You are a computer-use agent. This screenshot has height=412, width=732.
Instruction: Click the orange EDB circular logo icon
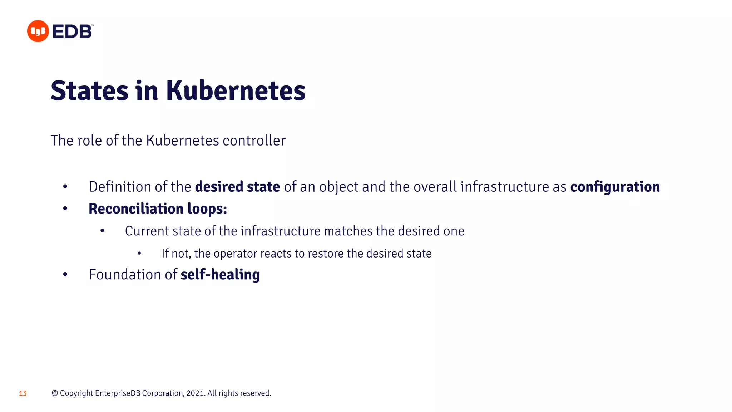tap(38, 31)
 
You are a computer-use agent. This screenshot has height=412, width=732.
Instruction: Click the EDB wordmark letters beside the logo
tap(73, 31)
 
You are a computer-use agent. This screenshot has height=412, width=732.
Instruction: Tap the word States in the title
tap(89, 91)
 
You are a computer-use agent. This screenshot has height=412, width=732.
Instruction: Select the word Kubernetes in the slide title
tap(236, 91)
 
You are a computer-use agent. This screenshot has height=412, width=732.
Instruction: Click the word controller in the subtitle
tap(254, 141)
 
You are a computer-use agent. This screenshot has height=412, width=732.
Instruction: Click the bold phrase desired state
tap(237, 187)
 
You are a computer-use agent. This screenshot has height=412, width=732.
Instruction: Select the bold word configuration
tap(615, 187)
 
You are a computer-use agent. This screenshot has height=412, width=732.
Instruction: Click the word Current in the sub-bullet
tap(147, 231)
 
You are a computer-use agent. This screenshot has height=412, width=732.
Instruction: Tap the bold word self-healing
tap(220, 275)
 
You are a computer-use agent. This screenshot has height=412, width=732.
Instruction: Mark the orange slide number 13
tap(23, 393)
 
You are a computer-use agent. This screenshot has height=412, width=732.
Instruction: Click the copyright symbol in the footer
tap(55, 393)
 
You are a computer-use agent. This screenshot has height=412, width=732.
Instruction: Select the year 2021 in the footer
tap(195, 393)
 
